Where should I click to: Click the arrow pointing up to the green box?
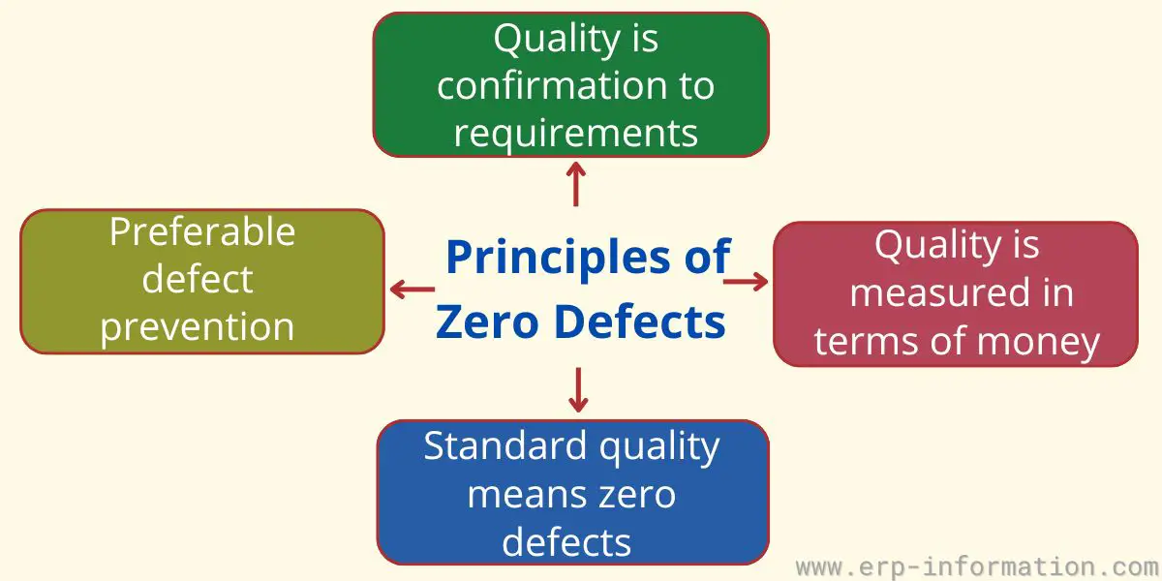click(576, 184)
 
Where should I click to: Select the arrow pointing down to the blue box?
click(578, 390)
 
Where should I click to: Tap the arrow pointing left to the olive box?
click(413, 290)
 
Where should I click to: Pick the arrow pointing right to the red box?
click(746, 282)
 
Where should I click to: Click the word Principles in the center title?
click(558, 258)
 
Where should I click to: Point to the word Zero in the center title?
click(487, 321)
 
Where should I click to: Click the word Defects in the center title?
click(640, 321)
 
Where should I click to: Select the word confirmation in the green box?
click(551, 85)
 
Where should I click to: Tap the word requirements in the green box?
click(576, 135)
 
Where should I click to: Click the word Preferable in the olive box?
click(202, 231)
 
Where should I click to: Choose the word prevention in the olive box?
click(198, 328)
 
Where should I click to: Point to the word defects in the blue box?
click(566, 542)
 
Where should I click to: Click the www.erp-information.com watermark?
click(978, 567)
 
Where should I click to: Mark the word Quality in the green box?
click(557, 40)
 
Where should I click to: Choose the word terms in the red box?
click(869, 340)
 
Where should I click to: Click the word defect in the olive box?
click(198, 279)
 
